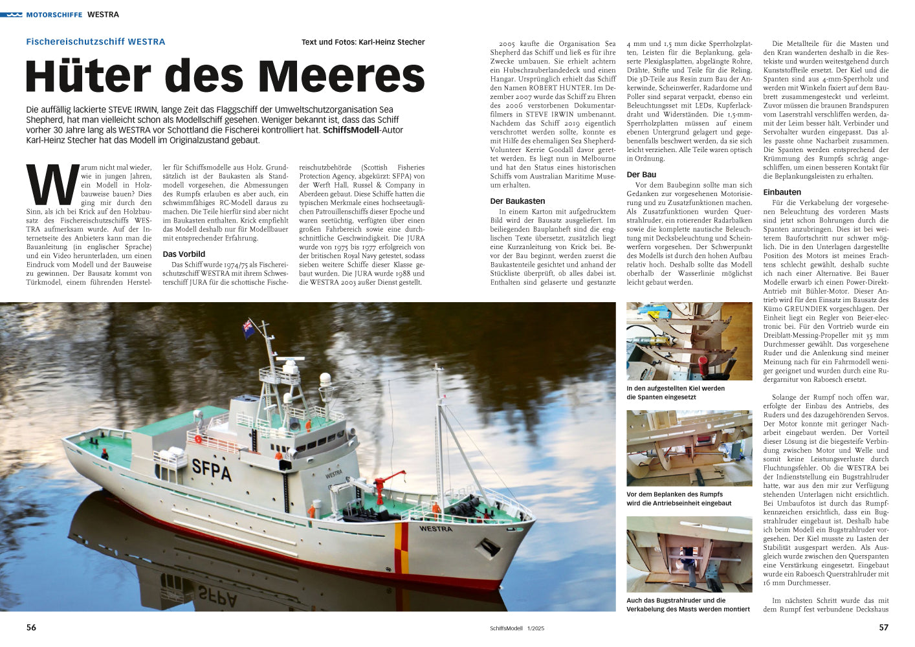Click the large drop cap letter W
coord(51,185)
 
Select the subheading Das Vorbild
coord(184,254)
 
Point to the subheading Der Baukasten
coord(518,201)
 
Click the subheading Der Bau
coord(641,175)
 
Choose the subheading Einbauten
coord(782,192)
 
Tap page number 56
coord(31,628)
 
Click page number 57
coord(883,628)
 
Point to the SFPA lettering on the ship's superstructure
coord(212,468)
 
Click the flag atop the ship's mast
coord(248,329)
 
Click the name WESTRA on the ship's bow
coord(435,529)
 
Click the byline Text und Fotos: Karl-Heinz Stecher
coord(363,42)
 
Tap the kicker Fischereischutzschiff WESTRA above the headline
coord(96,41)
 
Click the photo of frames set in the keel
coord(689,341)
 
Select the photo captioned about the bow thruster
coord(689,554)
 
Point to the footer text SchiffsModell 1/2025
coord(517,628)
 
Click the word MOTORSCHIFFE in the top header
coord(54,14)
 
